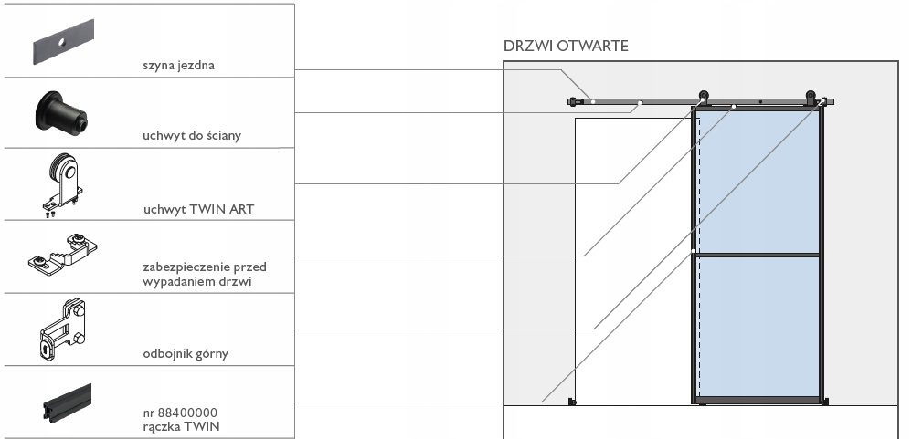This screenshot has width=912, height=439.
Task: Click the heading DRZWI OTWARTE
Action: pyautogui.click(x=566, y=46)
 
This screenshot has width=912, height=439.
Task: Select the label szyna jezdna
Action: pyautogui.click(x=178, y=65)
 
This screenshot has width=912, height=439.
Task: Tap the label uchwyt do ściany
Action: pyautogui.click(x=192, y=135)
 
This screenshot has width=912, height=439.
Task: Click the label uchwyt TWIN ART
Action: pyautogui.click(x=199, y=209)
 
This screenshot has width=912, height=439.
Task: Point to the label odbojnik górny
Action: pyautogui.click(x=186, y=353)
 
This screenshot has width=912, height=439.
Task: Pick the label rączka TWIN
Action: pyautogui.click(x=182, y=426)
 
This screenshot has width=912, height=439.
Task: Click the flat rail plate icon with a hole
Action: pyautogui.click(x=63, y=42)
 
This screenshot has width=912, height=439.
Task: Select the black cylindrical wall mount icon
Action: pyautogui.click(x=61, y=110)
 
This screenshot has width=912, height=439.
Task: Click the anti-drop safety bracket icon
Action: pyautogui.click(x=63, y=255)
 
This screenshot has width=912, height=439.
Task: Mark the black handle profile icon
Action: pyautogui.click(x=68, y=402)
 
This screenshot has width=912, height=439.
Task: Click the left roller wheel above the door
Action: pyautogui.click(x=704, y=95)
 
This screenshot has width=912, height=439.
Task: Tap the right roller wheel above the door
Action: pyautogui.click(x=811, y=95)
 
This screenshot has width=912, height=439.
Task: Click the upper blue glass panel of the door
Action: pyautogui.click(x=758, y=182)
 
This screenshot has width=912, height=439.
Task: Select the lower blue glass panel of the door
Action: pyautogui.click(x=758, y=327)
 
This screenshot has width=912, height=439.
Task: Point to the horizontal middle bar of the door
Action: pyautogui.click(x=757, y=255)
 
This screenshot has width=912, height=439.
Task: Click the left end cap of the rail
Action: pyautogui.click(x=572, y=101)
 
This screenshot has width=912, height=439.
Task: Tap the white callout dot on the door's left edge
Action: pyautogui.click(x=694, y=251)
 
